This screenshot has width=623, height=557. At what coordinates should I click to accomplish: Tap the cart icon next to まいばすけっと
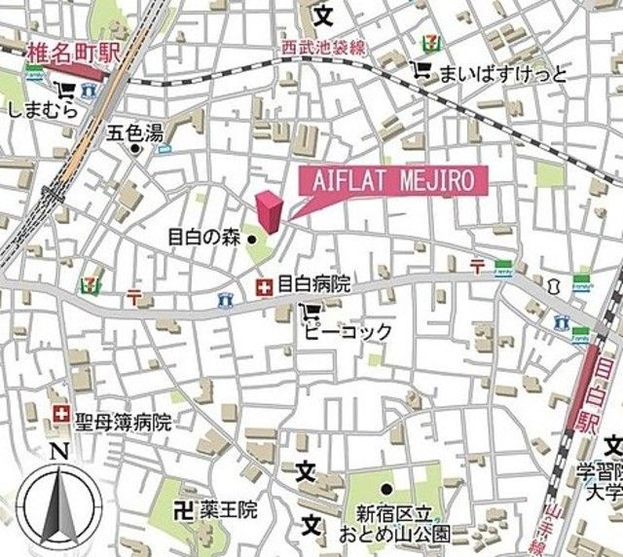(421, 70)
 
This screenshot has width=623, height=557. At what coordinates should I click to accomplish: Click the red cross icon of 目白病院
(263, 286)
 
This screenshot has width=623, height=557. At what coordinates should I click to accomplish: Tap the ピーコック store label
(347, 332)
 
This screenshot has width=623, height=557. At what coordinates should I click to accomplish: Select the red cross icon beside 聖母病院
(62, 415)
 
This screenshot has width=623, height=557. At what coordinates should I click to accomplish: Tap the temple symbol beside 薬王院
(181, 508)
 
